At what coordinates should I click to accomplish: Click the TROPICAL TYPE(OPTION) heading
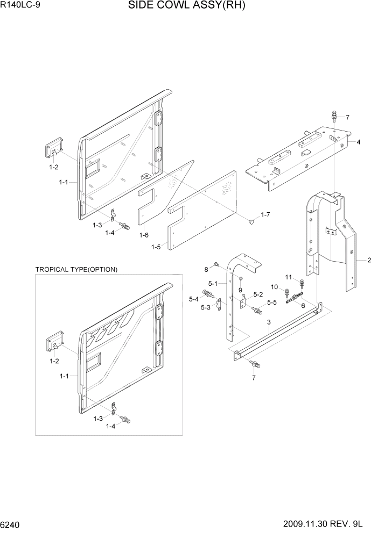tap(76, 269)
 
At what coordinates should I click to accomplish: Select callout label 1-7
tap(265, 215)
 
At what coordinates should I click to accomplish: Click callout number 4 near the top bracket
tap(358, 142)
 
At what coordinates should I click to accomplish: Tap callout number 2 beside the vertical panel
tap(369, 261)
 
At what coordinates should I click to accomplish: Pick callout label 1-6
tap(144, 235)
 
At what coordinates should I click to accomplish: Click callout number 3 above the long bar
tap(268, 322)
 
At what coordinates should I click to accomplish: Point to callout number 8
tap(206, 269)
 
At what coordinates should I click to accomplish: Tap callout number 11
tap(288, 277)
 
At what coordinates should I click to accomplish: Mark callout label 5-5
tap(271, 303)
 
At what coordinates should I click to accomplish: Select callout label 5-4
tap(193, 299)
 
